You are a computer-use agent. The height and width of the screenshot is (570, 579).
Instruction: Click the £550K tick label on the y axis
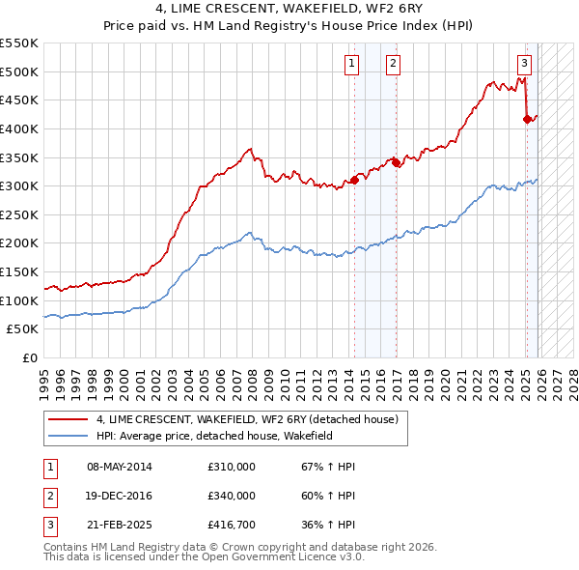[19, 43]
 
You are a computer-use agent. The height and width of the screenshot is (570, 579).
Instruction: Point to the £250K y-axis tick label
[19, 243]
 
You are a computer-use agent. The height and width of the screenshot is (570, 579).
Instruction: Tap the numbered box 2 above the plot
[394, 65]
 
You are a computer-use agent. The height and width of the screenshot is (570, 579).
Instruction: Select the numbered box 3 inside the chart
[524, 65]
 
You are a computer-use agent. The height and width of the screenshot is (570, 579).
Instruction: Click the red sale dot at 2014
[354, 180]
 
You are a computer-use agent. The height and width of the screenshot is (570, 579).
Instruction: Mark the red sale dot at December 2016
[396, 162]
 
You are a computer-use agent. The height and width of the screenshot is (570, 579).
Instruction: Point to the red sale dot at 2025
[527, 119]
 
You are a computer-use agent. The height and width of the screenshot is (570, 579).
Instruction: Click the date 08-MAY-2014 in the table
[119, 467]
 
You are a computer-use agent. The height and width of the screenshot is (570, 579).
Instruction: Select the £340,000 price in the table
[231, 496]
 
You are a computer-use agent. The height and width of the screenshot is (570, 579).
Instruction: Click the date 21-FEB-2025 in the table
[119, 526]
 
